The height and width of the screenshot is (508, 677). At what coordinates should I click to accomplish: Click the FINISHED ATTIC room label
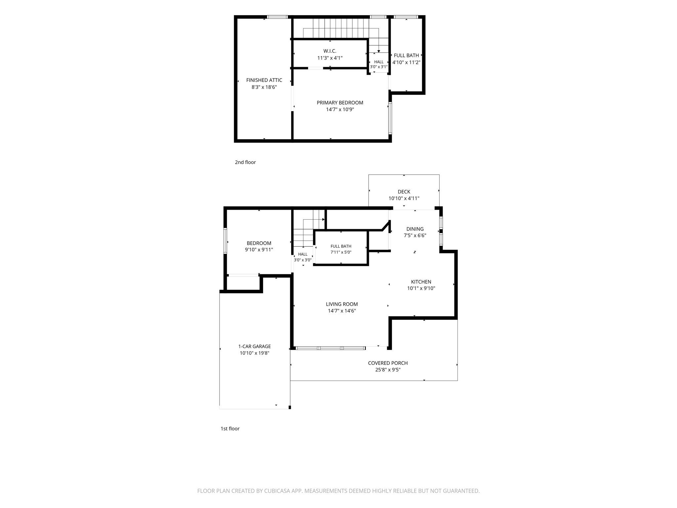tap(264, 80)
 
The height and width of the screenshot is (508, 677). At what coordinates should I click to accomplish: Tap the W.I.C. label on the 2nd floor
tap(330, 51)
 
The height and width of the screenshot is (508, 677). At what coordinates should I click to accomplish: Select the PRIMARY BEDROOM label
tap(340, 103)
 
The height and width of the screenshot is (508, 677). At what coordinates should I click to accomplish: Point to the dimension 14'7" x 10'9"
tap(340, 109)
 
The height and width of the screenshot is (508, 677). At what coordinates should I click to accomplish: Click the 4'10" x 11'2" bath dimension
tap(406, 62)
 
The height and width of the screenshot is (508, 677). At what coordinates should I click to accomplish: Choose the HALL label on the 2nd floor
tap(379, 62)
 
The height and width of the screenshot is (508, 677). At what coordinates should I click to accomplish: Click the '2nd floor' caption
tap(245, 162)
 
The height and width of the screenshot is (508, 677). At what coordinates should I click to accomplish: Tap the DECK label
tap(404, 191)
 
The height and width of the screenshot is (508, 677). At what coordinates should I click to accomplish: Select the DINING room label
tap(415, 229)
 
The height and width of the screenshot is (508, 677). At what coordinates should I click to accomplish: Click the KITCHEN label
tap(421, 282)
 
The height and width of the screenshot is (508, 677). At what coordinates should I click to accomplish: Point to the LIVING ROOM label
tap(342, 304)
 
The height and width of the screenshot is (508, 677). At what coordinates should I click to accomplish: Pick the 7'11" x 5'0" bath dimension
tap(341, 252)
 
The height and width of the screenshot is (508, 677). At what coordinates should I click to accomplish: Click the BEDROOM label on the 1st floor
tap(259, 243)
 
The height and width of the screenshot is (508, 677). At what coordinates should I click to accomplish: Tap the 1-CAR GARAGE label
tap(255, 346)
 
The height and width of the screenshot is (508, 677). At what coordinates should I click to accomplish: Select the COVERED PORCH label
tap(388, 363)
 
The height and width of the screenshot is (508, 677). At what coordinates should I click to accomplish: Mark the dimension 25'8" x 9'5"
tap(388, 370)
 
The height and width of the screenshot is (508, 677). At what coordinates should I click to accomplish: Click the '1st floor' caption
tap(230, 429)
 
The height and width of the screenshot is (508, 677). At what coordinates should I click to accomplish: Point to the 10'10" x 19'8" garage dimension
tap(255, 353)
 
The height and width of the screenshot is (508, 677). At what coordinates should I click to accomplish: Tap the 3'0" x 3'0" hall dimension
tap(303, 260)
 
